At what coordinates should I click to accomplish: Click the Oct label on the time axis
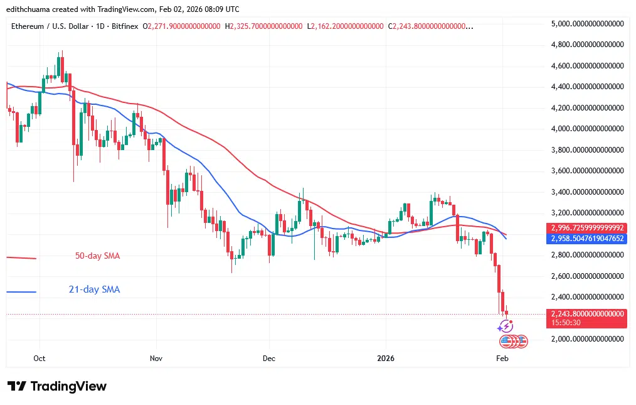tap(39, 358)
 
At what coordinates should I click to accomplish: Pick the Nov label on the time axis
tap(156, 358)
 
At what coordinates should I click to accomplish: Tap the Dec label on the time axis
tap(269, 358)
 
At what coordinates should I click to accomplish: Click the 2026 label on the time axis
tap(385, 358)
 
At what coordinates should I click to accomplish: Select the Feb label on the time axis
tap(502, 358)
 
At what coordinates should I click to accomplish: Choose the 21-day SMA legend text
tap(94, 289)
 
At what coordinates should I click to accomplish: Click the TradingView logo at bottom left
tap(57, 386)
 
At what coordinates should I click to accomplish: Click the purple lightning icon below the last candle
tap(506, 326)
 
